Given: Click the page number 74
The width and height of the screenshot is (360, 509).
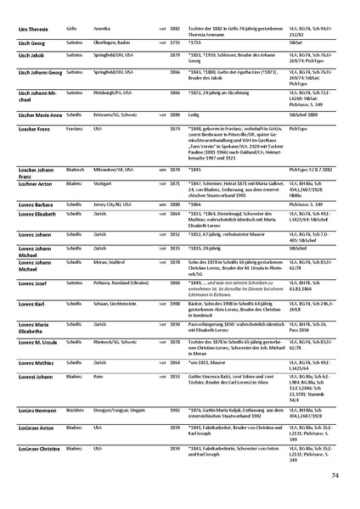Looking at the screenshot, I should (335, 475).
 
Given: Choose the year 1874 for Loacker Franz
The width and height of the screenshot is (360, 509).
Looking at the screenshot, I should (175, 128).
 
